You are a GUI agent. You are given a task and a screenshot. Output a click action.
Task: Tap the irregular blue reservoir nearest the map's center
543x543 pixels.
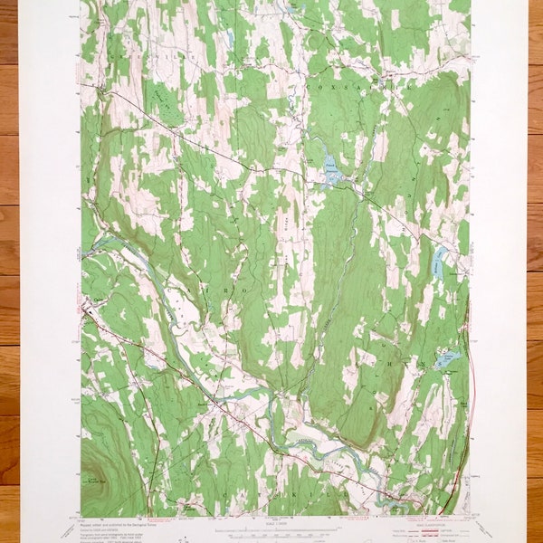[x=330, y=170]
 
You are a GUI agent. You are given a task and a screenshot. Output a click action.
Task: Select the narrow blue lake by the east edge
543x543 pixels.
[x=438, y=262]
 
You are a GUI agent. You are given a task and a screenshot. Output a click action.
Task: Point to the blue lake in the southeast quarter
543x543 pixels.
[x=446, y=360]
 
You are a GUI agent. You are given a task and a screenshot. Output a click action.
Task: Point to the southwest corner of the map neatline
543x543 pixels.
[x=81, y=517]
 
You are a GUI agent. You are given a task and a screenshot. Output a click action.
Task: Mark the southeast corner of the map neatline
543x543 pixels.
[x=470, y=517]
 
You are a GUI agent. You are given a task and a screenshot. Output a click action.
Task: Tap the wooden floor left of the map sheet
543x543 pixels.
[x=9, y=271]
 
